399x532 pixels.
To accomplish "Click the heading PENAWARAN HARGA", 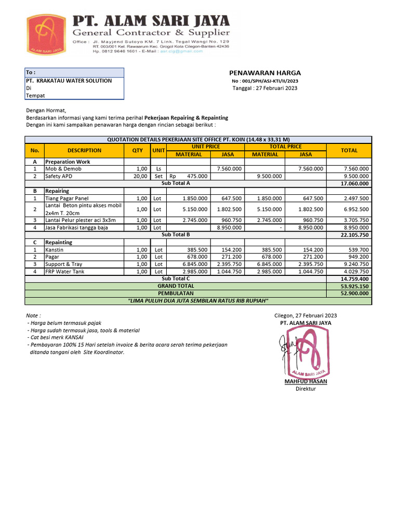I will point(265,73).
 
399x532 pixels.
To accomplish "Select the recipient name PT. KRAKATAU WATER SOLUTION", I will point(69,81).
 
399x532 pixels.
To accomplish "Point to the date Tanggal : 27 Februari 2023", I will point(264,88).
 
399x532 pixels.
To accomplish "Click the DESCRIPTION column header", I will point(84,150).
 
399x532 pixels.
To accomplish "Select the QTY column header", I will point(137,150).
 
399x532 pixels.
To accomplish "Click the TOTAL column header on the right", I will point(349,150).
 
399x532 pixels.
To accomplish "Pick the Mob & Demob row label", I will point(60,169).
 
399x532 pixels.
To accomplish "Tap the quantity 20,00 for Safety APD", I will point(140,176).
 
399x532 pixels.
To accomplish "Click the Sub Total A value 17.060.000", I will point(355,183).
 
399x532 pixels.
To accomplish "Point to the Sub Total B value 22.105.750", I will point(355,235).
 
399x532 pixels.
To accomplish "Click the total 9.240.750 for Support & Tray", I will point(356,264).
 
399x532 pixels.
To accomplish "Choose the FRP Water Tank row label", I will point(65,271).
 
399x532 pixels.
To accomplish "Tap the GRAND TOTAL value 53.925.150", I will point(355,286).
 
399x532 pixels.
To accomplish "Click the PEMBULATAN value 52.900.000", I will point(355,294).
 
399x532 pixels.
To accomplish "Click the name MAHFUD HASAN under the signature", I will point(305,381).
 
